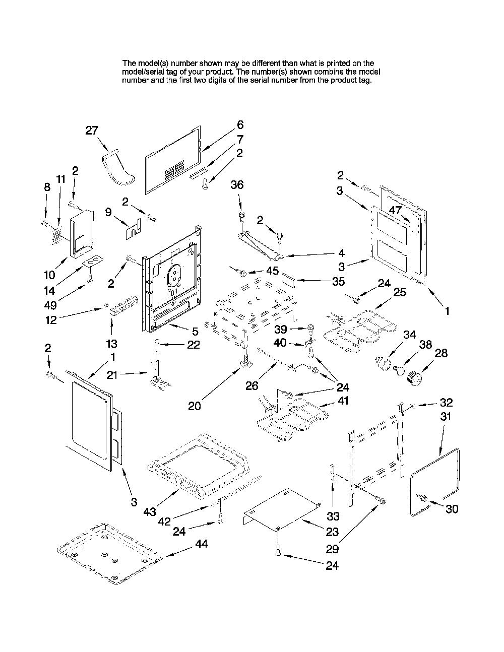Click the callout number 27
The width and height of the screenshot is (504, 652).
coord(92,131)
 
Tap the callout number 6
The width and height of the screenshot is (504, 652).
coord(240,125)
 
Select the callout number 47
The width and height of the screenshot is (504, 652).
coord(395,210)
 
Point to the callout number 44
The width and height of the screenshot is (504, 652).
coord(202,544)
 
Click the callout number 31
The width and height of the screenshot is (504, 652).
coord(446,417)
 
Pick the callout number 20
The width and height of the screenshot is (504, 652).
coord(195,406)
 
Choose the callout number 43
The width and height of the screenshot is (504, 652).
coord(150,511)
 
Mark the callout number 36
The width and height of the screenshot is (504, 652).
coord(237,185)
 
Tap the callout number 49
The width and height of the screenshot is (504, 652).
coord(50,305)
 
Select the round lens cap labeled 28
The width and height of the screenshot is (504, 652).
coord(414,378)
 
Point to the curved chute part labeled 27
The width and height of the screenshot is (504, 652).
coord(118,169)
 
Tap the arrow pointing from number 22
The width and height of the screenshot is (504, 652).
coord(173,344)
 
